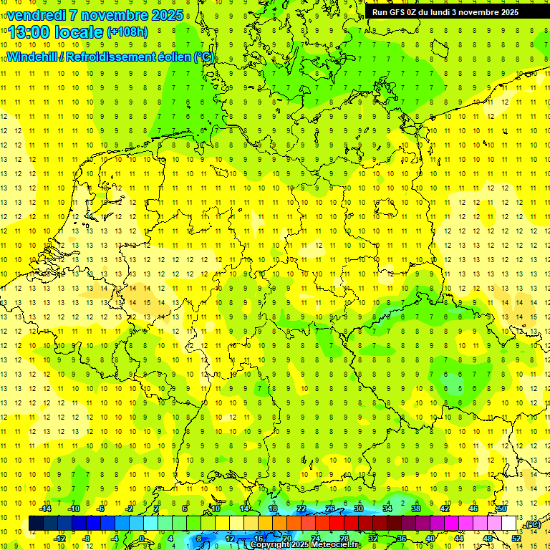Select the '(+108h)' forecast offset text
point(127,33)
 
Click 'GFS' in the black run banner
point(400,11)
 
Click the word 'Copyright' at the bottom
point(271,545)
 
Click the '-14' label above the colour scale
point(46,508)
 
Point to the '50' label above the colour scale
point(502,508)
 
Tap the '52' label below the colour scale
point(516,539)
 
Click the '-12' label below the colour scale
point(60,539)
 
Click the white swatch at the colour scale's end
point(508,524)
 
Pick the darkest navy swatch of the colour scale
point(36,524)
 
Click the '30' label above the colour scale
point(359,508)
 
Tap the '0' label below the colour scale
point(142,539)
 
